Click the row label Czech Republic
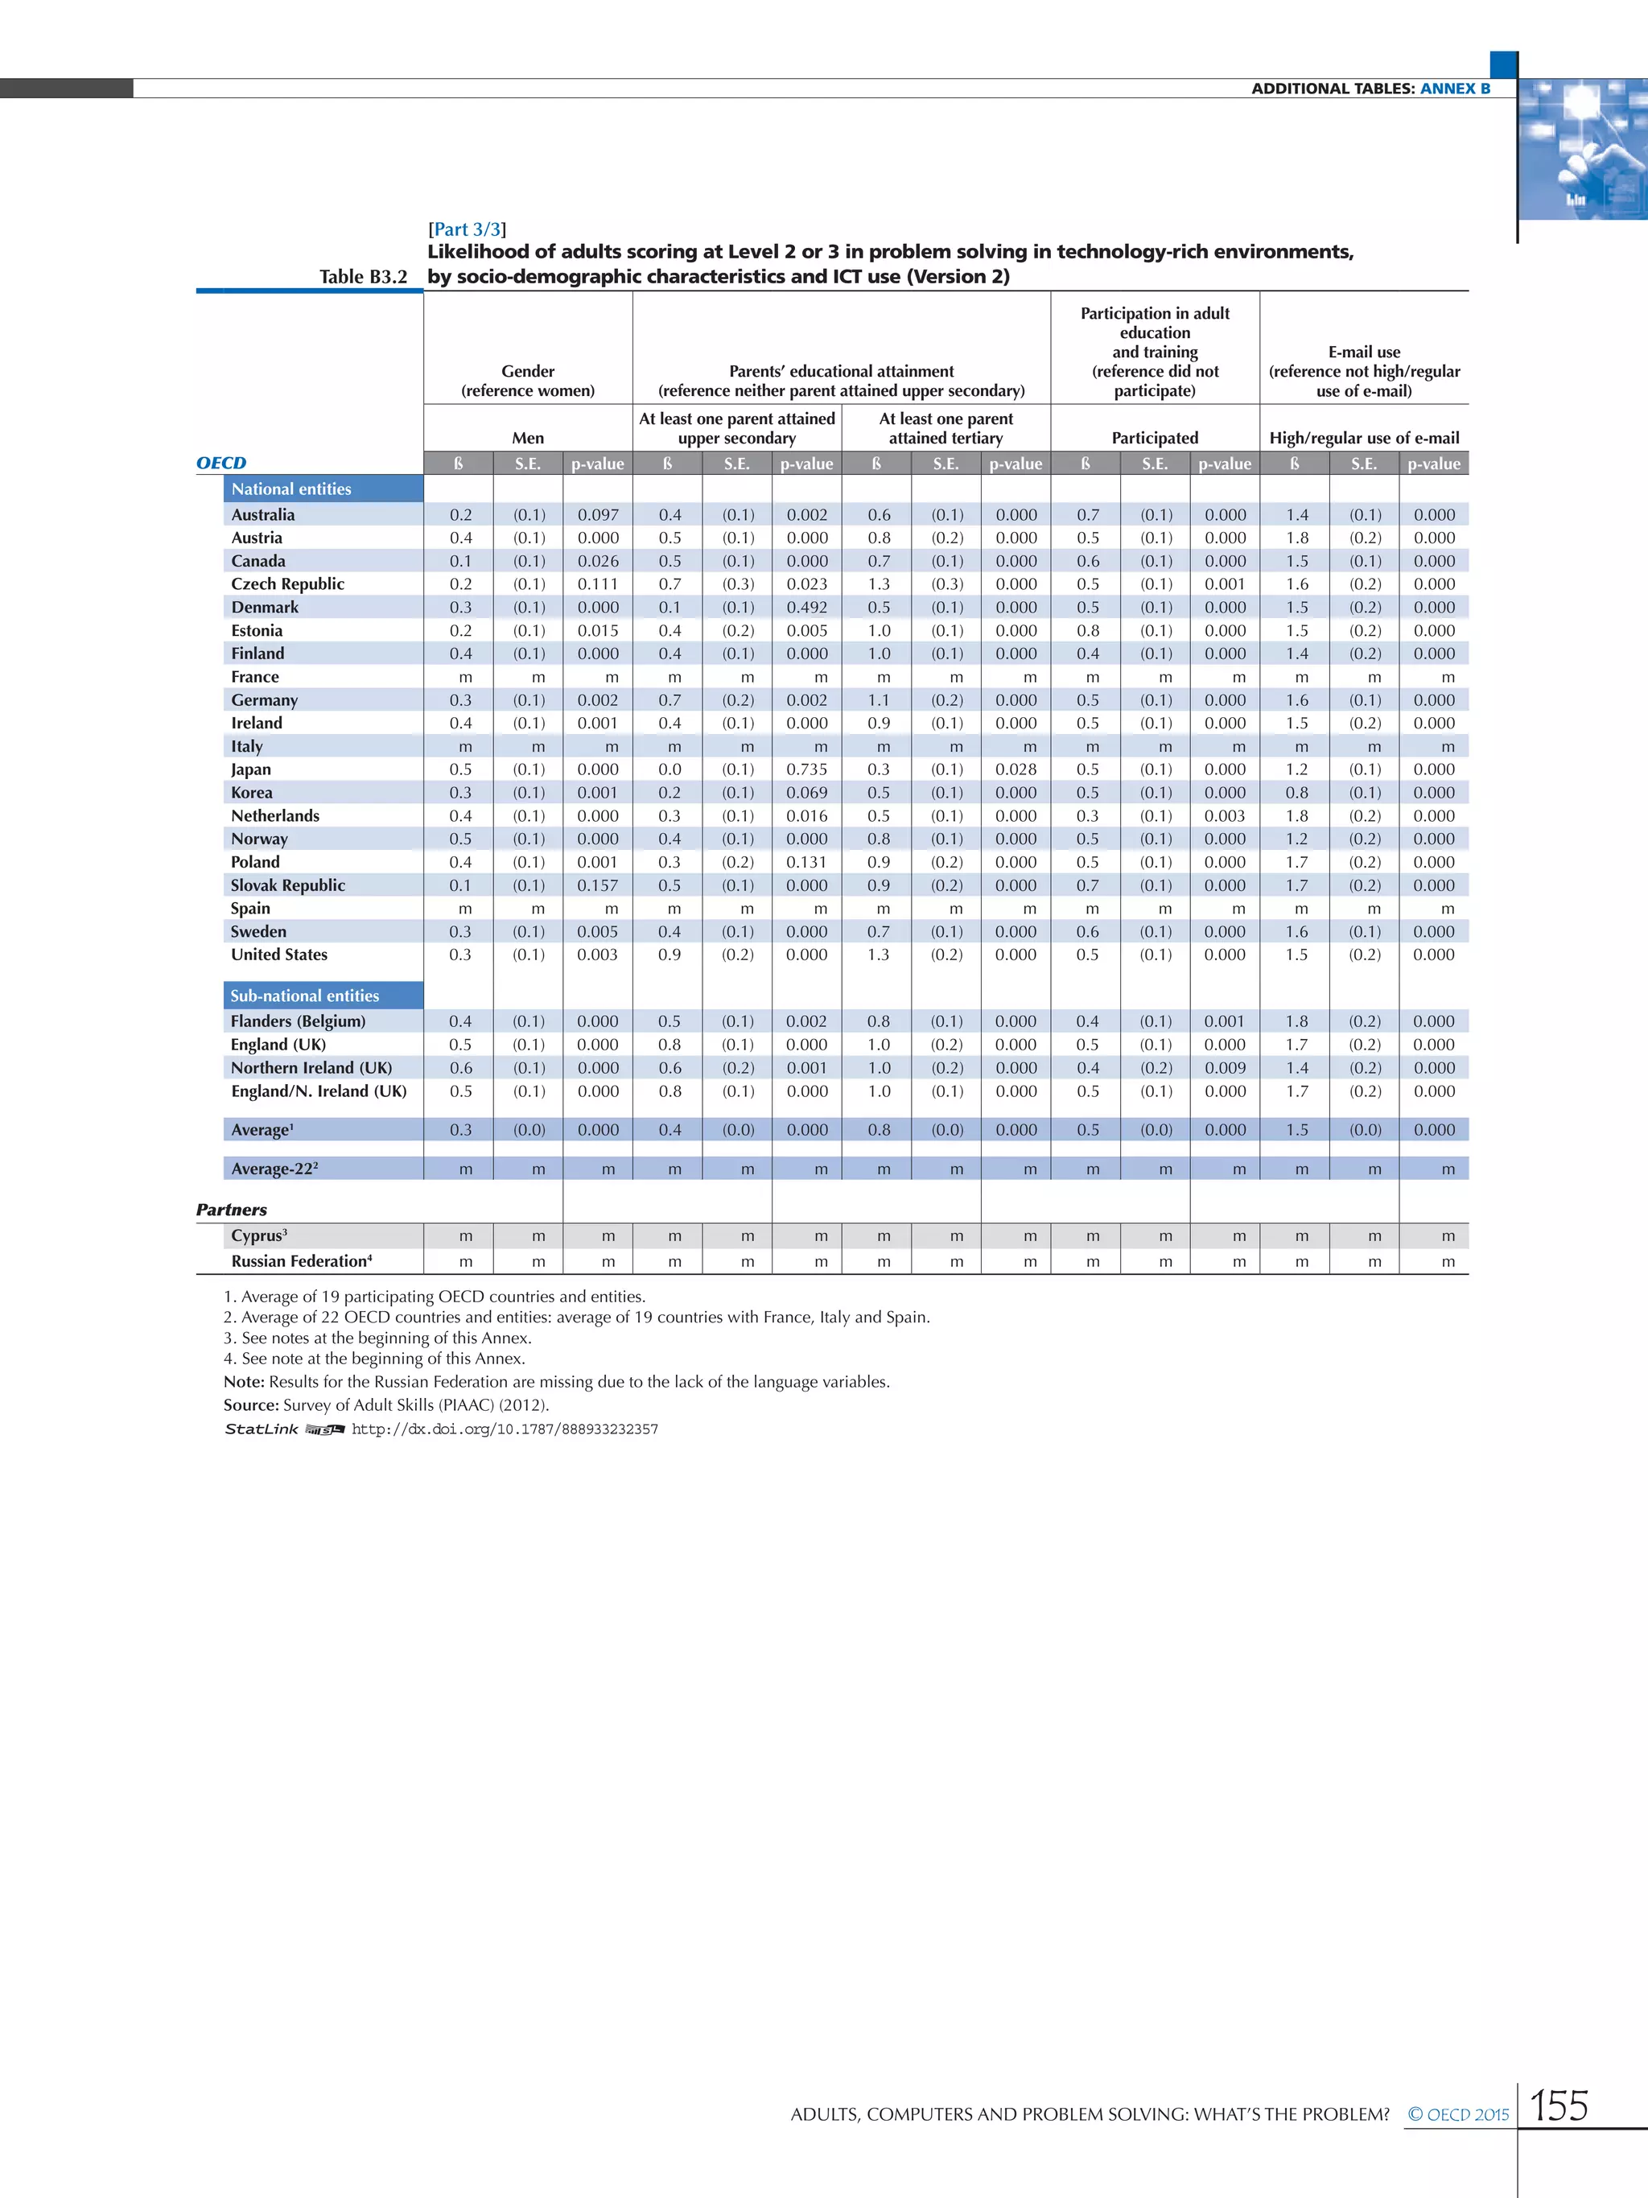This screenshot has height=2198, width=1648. click(x=287, y=584)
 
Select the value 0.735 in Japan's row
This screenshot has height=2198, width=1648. click(x=806, y=769)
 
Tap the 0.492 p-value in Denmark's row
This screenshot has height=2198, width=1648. click(x=806, y=607)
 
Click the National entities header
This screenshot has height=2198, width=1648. click(x=291, y=489)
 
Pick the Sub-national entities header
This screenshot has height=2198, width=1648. click(x=304, y=996)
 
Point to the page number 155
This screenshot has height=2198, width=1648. click(x=1559, y=2106)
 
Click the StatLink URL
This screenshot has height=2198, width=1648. click(x=505, y=1429)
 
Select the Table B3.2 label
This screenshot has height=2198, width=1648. click(x=363, y=277)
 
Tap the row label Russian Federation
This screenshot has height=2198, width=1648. click(x=300, y=1261)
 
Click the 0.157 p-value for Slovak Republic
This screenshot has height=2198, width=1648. click(x=597, y=885)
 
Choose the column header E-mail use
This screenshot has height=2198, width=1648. click(x=1364, y=352)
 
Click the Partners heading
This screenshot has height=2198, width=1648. click(x=232, y=1210)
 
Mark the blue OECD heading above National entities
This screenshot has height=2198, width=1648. click(x=220, y=463)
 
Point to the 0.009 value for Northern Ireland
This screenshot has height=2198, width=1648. click(x=1225, y=1068)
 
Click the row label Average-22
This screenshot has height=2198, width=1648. click(x=273, y=1169)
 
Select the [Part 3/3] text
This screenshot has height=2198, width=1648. click(x=467, y=229)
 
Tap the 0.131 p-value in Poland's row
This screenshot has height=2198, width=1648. click(x=806, y=863)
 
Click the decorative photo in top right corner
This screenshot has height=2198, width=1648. click(x=1581, y=149)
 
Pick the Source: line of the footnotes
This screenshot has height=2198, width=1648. click(x=386, y=1405)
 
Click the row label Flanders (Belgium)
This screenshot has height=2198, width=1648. click(x=298, y=1021)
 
